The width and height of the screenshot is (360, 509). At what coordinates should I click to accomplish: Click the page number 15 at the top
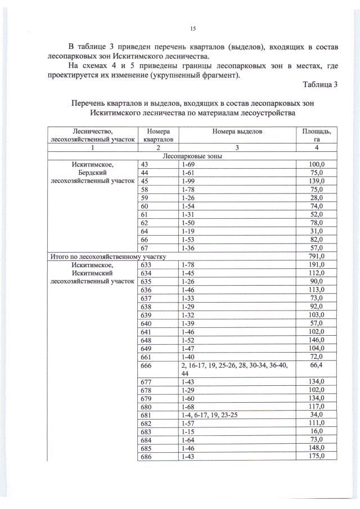click(192, 28)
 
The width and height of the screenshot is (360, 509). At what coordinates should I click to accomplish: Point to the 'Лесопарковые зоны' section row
click(191, 156)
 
